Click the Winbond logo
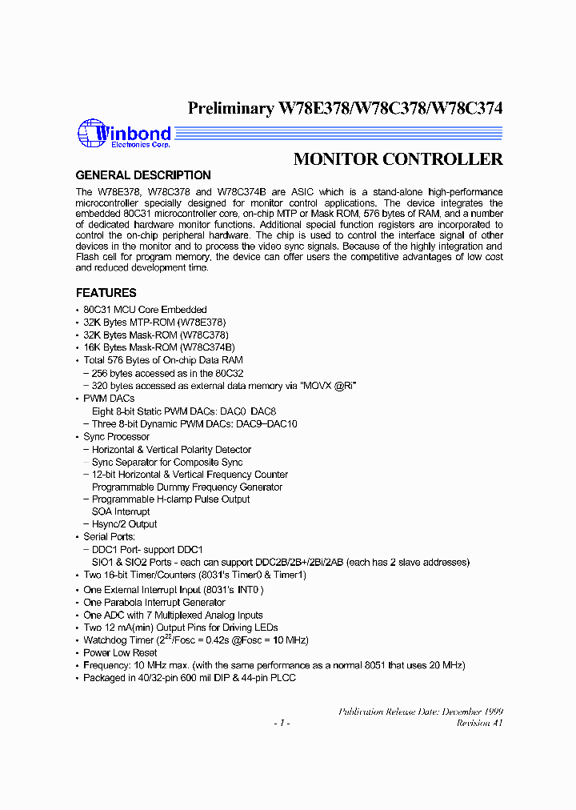[123, 134]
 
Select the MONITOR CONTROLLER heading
[398, 158]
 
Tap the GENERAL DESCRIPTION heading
[143, 175]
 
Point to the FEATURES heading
[106, 293]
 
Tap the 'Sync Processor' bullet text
[116, 437]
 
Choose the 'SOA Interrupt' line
[121, 511]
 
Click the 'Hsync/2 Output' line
[124, 524]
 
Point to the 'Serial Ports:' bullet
[110, 537]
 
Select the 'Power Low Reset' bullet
[120, 653]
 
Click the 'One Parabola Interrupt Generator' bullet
[154, 603]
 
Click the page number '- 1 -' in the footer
[281, 723]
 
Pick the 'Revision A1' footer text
[479, 723]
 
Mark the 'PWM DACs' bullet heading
[109, 399]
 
